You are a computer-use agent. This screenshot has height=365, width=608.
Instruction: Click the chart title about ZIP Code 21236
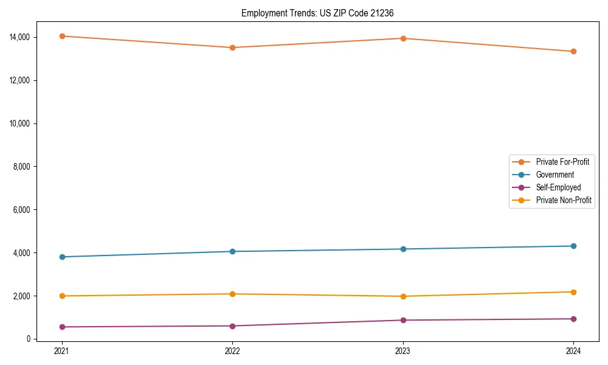pyautogui.click(x=317, y=13)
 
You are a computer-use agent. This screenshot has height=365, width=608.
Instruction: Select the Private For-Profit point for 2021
pyautogui.click(x=61, y=36)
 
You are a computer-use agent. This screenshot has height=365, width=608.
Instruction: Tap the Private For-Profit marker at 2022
pyautogui.click(x=232, y=47)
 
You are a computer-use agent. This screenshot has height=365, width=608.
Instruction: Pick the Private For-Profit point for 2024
pyautogui.click(x=573, y=51)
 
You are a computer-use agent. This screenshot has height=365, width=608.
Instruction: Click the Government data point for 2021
pyautogui.click(x=61, y=257)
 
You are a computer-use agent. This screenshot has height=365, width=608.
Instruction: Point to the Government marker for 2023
pyautogui.click(x=403, y=249)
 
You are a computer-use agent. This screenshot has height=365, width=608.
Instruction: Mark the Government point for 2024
pyautogui.click(x=573, y=246)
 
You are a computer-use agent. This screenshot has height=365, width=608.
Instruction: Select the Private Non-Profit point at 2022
pyautogui.click(x=232, y=294)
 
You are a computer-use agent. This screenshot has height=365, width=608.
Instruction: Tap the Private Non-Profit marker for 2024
pyautogui.click(x=573, y=292)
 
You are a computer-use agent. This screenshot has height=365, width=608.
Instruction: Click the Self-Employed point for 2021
pyautogui.click(x=61, y=327)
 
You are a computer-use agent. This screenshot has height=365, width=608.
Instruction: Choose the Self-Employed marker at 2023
pyautogui.click(x=403, y=320)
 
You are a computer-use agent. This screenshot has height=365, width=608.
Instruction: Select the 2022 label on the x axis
pyautogui.click(x=232, y=351)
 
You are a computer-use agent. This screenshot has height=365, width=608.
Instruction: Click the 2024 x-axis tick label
pyautogui.click(x=573, y=351)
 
